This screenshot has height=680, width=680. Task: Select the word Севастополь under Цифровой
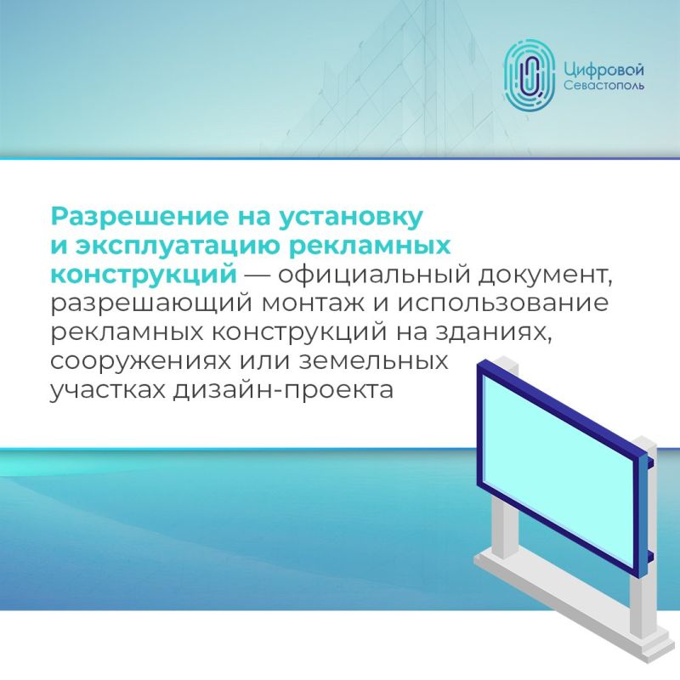pyautogui.click(x=603, y=88)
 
